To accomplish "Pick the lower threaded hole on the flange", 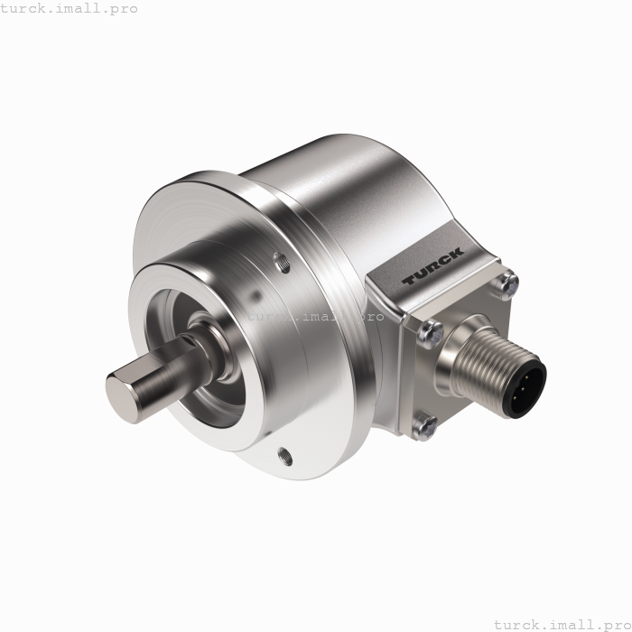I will click(x=286, y=455).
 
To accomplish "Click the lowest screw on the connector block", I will click(x=424, y=423).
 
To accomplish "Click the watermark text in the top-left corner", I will click(x=70, y=9).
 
